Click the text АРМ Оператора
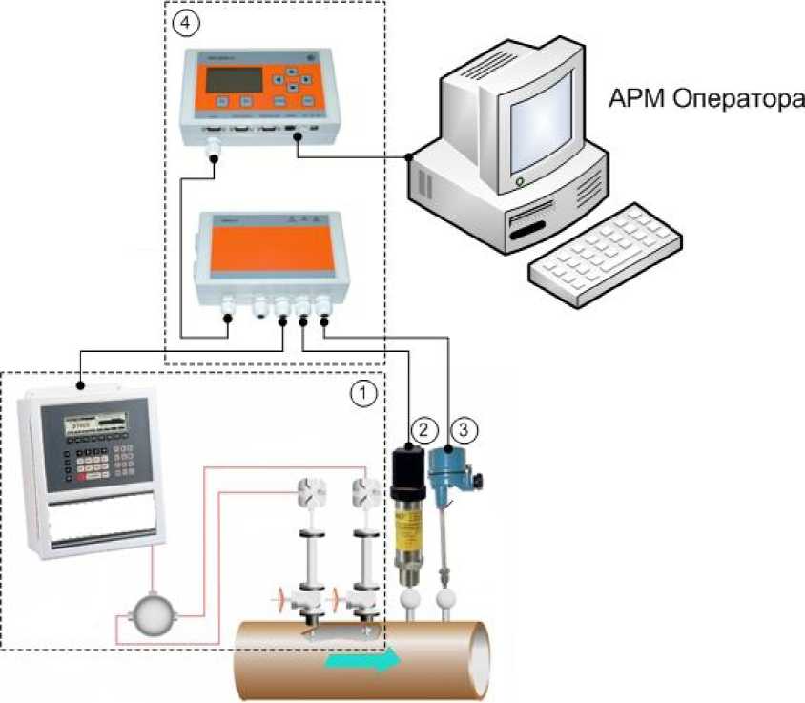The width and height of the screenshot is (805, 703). pyautogui.click(x=706, y=99)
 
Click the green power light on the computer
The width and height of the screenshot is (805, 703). pyautogui.click(x=520, y=179)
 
